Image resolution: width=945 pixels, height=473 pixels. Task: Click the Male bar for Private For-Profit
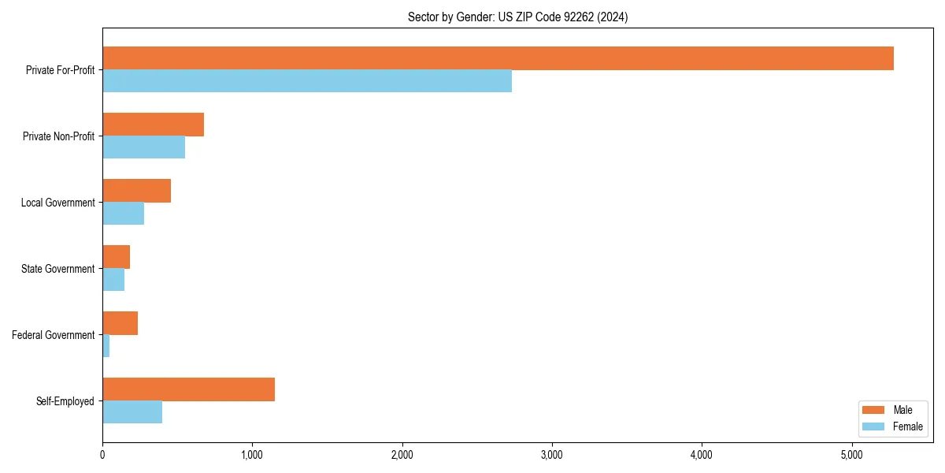pos(498,58)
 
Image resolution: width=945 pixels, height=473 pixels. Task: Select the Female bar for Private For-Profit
pos(307,81)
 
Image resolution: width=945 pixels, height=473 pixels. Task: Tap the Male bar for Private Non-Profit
pos(153,125)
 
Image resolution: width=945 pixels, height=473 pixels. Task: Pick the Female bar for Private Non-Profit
pos(143,147)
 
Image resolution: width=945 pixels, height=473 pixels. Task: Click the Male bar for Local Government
pos(136,191)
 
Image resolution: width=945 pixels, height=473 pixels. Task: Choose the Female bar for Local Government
pos(123,214)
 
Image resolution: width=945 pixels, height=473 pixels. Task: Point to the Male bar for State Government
pos(116,257)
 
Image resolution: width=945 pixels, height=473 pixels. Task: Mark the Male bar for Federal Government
pos(120,323)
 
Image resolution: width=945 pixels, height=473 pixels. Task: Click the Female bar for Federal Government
pos(106,346)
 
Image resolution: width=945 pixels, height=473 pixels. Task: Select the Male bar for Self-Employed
pos(188,389)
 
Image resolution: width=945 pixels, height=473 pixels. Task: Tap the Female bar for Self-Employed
pos(132,412)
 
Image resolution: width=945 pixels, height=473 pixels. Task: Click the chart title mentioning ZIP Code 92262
pos(517,17)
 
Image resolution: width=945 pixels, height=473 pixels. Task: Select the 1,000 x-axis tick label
pos(252,454)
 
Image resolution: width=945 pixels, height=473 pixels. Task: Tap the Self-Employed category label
pos(65,401)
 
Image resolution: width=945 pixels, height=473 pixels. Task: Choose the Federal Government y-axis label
pos(53,335)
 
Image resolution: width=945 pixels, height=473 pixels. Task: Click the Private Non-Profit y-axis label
pos(58,136)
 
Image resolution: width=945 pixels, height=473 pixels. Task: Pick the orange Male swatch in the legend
pos(874,410)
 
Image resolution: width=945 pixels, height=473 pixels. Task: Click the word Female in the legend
pos(907,426)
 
